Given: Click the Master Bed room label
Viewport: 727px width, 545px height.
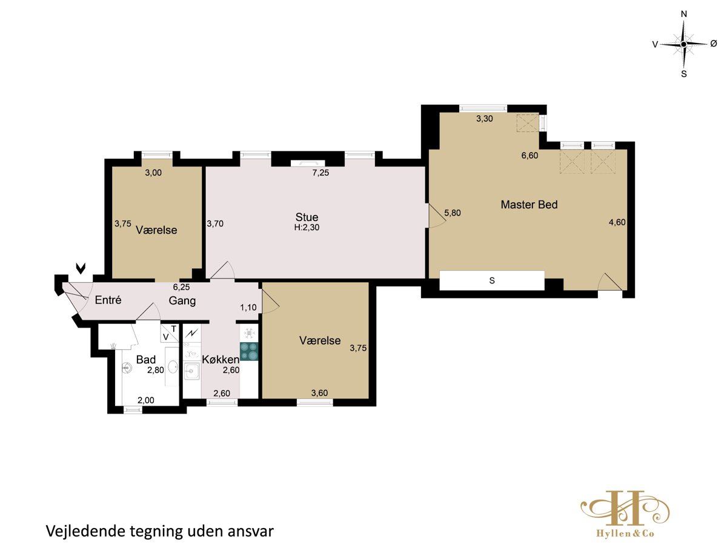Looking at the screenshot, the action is [529, 205].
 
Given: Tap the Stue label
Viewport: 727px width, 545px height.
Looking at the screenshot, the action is [307, 217].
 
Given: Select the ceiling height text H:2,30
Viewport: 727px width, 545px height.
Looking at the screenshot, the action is [307, 227].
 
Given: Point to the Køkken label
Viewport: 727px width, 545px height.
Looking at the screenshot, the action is [221, 359].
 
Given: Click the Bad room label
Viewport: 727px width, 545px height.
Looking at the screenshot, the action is [146, 359].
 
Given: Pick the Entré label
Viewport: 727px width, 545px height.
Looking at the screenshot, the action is [108, 300].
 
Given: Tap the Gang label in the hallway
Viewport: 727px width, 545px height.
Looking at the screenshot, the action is [182, 301].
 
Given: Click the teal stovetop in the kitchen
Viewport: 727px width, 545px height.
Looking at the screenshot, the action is [249, 351].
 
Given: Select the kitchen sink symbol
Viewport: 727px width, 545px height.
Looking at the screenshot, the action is [192, 372].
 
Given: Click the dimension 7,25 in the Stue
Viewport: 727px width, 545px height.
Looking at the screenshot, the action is [320, 173].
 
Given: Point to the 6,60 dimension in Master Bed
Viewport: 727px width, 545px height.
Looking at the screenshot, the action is [529, 156].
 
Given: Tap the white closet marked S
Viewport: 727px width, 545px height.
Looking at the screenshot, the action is [492, 280].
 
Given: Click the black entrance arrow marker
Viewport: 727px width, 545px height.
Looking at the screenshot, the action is [81, 268].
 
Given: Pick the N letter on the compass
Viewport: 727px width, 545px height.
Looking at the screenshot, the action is [684, 14].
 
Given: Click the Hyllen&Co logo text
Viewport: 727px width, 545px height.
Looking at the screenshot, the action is [625, 533].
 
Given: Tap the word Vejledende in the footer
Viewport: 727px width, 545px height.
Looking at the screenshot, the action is [86, 531].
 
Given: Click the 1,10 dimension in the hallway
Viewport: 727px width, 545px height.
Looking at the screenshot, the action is [248, 308].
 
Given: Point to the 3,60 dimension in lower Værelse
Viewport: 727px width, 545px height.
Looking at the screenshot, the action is [319, 393].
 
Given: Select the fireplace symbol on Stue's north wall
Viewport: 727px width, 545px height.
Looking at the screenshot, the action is [308, 163].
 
